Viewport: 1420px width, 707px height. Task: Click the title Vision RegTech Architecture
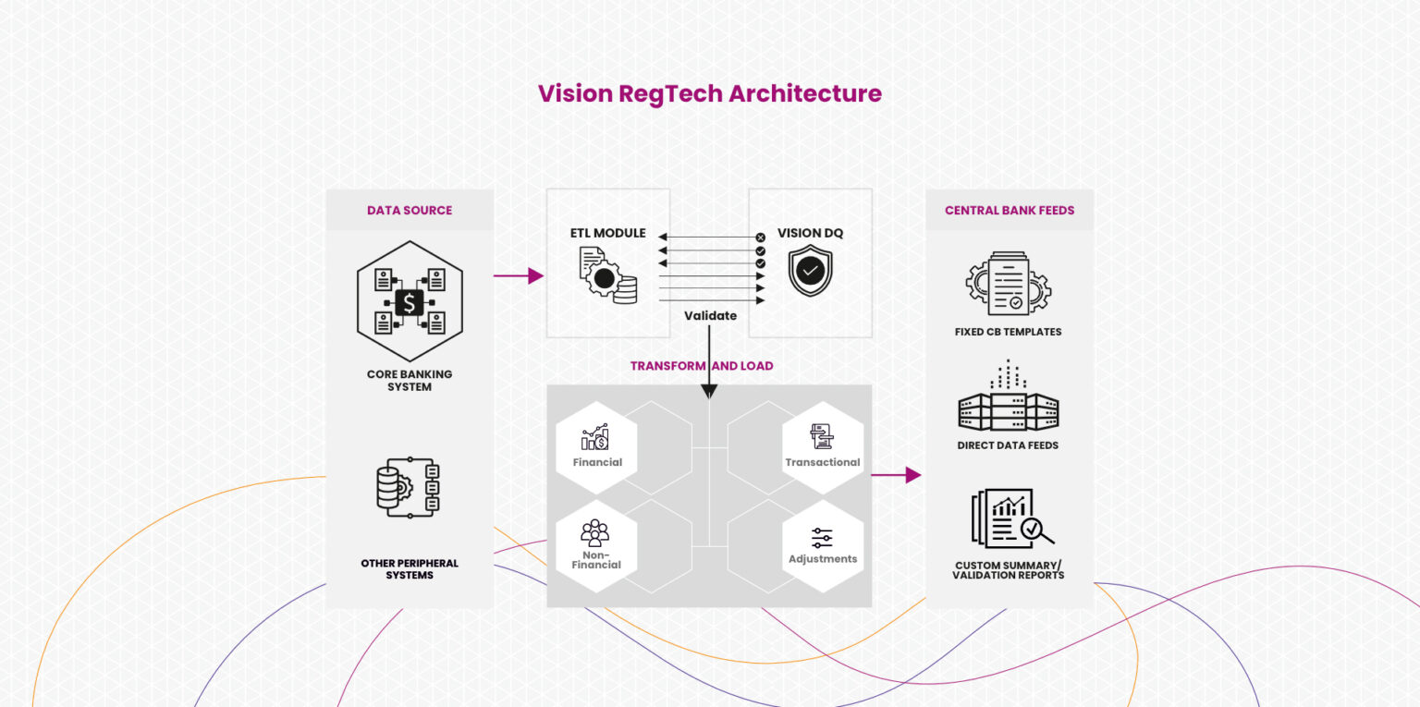click(x=709, y=93)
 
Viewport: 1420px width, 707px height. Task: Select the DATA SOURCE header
click(x=410, y=211)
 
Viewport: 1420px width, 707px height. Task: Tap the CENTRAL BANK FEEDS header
click(x=1009, y=211)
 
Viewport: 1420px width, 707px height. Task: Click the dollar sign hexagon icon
click(x=410, y=301)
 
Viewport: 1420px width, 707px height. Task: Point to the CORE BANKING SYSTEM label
click(x=410, y=381)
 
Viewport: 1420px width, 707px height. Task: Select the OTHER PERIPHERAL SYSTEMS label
click(x=410, y=569)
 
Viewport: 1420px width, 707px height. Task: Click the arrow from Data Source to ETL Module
click(x=519, y=275)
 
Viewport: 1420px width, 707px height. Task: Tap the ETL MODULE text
click(x=607, y=233)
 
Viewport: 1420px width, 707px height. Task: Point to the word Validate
click(x=710, y=316)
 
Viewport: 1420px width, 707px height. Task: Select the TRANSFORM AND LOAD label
click(x=701, y=366)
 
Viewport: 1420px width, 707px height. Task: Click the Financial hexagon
click(x=596, y=446)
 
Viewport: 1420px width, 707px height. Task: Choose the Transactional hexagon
click(x=822, y=446)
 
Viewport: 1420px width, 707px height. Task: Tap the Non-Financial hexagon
click(x=596, y=545)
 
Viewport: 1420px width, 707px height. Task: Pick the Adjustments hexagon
click(x=822, y=545)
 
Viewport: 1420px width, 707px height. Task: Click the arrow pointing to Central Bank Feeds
click(x=896, y=475)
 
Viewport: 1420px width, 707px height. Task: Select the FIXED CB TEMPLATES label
click(x=1008, y=332)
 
